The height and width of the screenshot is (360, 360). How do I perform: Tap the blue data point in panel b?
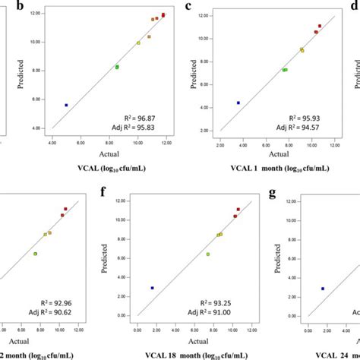(66, 105)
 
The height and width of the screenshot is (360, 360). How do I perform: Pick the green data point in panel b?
(117, 67)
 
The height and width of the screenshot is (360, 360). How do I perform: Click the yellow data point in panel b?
(138, 43)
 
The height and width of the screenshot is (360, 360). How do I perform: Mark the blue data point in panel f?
(153, 288)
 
